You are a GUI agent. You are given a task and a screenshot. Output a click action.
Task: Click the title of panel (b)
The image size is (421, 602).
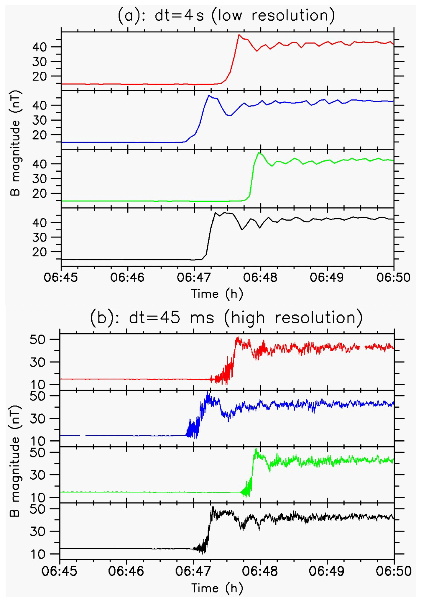tap(226, 318)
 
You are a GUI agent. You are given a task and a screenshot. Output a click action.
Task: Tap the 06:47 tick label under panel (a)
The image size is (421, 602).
tap(194, 278)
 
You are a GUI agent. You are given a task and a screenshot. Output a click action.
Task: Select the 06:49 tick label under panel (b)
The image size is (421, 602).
tap(326, 571)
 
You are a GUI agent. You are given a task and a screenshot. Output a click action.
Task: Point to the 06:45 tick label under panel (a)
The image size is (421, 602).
tap(61, 278)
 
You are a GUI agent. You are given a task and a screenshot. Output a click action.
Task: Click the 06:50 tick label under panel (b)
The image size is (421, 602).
tap(394, 571)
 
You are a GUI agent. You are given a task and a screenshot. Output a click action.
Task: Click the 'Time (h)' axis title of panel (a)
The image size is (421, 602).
tap(217, 294)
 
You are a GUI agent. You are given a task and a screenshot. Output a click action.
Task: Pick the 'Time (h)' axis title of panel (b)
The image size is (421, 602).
tap(217, 588)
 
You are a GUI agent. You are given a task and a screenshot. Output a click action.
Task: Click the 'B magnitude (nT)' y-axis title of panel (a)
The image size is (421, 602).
tap(15, 143)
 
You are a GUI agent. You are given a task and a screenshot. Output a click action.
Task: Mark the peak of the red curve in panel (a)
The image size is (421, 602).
tap(239, 35)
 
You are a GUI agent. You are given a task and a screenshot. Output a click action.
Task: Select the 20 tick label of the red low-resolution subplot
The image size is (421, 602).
tap(40, 76)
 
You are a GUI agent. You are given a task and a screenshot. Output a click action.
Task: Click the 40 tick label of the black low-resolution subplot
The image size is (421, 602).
tap(40, 223)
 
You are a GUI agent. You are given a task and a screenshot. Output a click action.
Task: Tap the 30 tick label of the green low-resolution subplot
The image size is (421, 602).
tap(40, 179)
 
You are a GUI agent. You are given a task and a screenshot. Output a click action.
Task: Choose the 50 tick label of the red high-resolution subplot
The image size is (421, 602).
tap(37, 339)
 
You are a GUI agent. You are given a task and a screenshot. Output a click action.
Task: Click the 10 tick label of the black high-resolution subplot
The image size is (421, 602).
tap(37, 554)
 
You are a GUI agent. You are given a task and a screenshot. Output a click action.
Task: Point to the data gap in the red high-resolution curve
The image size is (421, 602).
tap(362, 347)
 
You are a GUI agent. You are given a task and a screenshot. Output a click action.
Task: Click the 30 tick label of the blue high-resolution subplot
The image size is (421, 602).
tap(37, 419)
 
